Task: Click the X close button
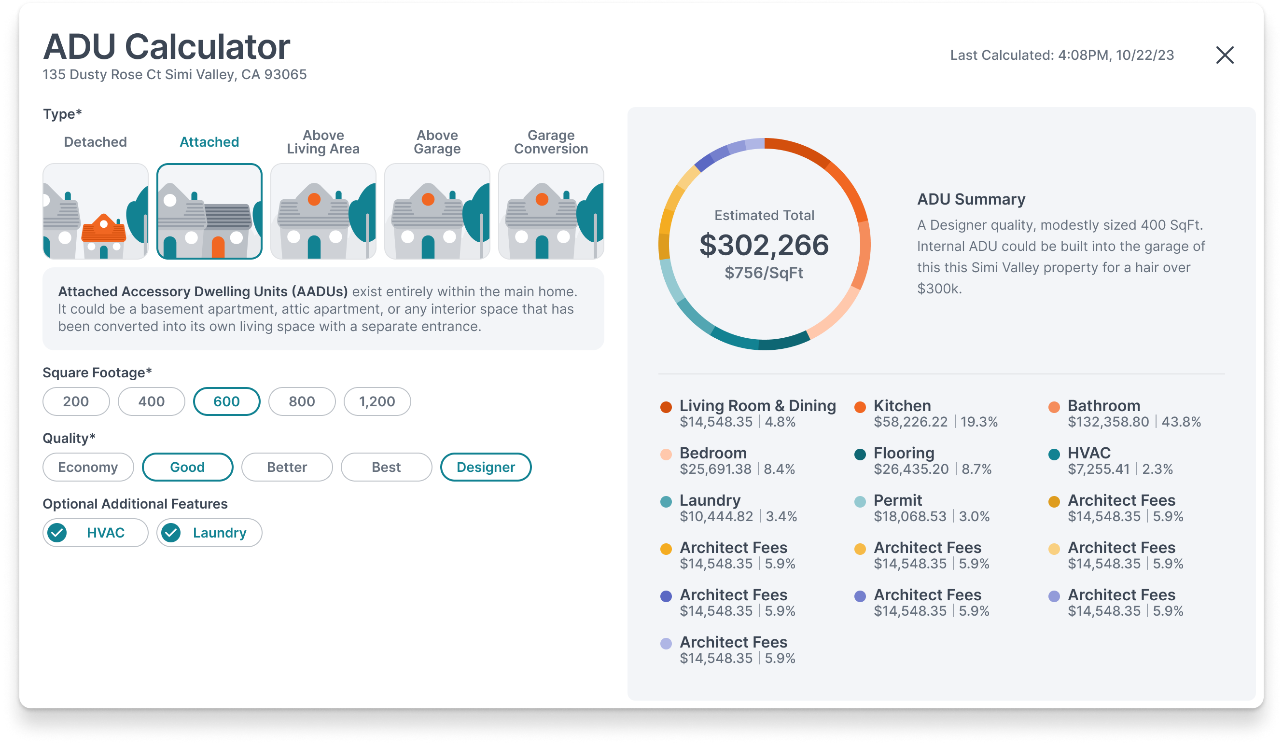(1225, 55)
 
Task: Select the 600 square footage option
(226, 401)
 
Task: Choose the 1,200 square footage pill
(377, 401)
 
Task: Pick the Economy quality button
(88, 467)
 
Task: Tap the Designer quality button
(486, 467)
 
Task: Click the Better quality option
(287, 467)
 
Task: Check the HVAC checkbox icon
(57, 533)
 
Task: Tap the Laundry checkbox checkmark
(171, 533)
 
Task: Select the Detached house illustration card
(96, 211)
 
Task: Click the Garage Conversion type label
(551, 142)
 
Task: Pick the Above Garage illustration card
(437, 211)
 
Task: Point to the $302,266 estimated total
(764, 245)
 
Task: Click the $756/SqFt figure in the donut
(764, 273)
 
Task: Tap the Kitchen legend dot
(860, 407)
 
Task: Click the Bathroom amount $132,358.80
(1108, 422)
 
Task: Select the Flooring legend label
(904, 453)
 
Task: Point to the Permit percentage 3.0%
(975, 516)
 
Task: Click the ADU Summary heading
(971, 199)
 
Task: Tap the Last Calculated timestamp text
(1062, 55)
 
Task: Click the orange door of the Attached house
(218, 248)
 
